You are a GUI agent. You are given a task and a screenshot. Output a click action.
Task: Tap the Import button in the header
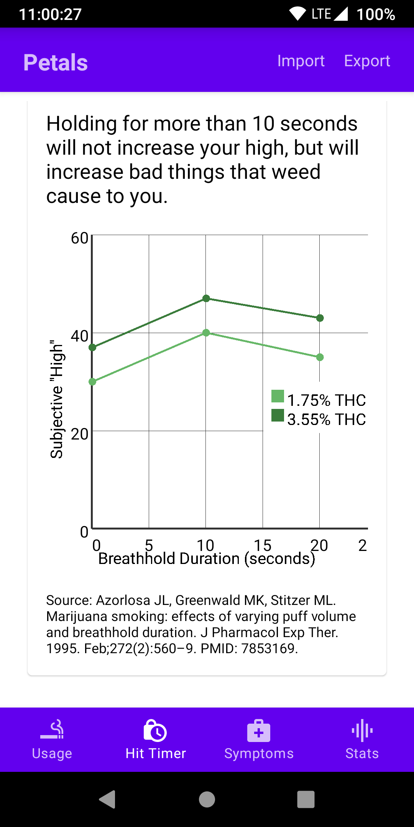(301, 61)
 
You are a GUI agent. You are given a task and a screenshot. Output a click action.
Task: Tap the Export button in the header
(367, 61)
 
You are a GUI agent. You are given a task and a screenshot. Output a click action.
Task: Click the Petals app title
(56, 62)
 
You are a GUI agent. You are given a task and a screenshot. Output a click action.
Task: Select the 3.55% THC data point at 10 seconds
(206, 298)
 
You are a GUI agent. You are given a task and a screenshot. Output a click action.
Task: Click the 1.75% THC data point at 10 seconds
(206, 333)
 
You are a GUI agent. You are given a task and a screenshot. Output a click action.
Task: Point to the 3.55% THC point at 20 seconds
(320, 318)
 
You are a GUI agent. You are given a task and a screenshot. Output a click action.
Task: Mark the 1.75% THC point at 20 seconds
(320, 357)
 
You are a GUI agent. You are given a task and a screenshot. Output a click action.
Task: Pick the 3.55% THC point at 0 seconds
(92, 347)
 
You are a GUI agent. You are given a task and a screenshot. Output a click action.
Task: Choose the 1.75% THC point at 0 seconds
(92, 382)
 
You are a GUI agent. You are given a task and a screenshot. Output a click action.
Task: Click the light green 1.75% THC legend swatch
(278, 396)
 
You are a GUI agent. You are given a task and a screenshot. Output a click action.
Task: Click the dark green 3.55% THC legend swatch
(278, 415)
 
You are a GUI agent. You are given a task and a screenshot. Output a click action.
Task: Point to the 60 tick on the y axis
(80, 238)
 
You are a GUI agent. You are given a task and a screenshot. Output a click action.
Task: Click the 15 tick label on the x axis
(263, 545)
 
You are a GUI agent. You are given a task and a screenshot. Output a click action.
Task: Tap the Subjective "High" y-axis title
(57, 399)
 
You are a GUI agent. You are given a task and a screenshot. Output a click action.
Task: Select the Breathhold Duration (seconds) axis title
(207, 559)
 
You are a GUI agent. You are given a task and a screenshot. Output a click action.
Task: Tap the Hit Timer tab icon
(155, 731)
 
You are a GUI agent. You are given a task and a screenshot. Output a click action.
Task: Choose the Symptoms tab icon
(259, 731)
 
